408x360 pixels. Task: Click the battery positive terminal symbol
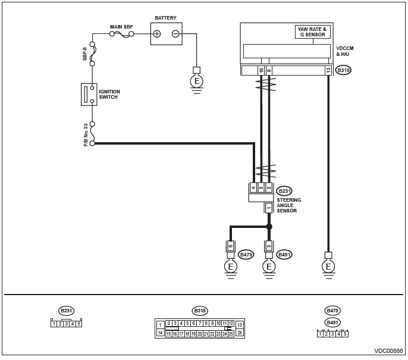tap(157, 34)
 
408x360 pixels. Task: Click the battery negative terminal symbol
tap(175, 34)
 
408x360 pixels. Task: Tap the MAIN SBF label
tap(121, 27)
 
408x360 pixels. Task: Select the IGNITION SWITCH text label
tap(109, 94)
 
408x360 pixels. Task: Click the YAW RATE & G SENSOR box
tap(313, 32)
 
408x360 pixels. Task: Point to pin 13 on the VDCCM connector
tap(328, 70)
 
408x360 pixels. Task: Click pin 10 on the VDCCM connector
tap(261, 70)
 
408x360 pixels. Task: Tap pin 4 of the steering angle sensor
tap(253, 187)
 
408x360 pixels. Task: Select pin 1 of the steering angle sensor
tap(269, 208)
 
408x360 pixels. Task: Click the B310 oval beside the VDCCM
tap(343, 70)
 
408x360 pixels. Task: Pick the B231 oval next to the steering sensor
tap(284, 191)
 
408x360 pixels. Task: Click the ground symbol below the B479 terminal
tap(231, 269)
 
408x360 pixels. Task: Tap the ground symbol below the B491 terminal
tap(269, 269)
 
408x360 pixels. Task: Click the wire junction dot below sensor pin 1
tap(269, 227)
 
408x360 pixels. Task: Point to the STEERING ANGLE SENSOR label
tap(288, 205)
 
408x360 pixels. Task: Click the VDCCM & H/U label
tap(345, 51)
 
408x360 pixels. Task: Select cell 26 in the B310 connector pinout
tap(240, 333)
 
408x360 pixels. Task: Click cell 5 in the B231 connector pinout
tap(79, 324)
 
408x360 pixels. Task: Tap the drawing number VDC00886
tap(388, 351)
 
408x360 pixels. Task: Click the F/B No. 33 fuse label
tap(86, 135)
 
